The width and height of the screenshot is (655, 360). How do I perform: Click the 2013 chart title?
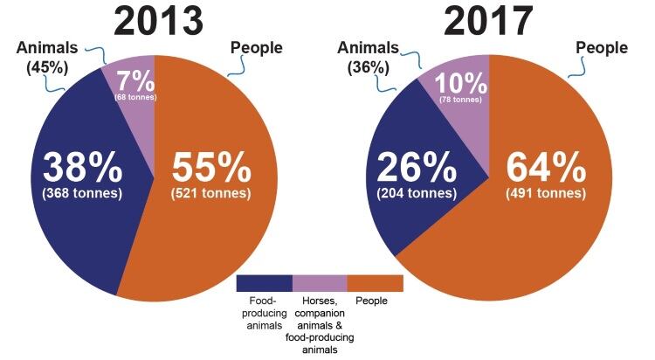pos(154,19)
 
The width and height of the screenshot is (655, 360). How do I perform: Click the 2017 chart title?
pos(490,19)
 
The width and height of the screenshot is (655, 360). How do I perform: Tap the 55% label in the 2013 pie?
pos(210,167)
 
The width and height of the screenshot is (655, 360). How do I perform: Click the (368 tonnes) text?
pos(80,193)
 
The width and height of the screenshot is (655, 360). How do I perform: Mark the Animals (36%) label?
pos(368,58)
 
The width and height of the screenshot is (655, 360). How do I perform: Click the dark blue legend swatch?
pos(265,283)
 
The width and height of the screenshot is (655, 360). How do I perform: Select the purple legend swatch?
pos(320,283)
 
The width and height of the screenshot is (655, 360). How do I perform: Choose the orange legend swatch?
pos(375,283)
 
